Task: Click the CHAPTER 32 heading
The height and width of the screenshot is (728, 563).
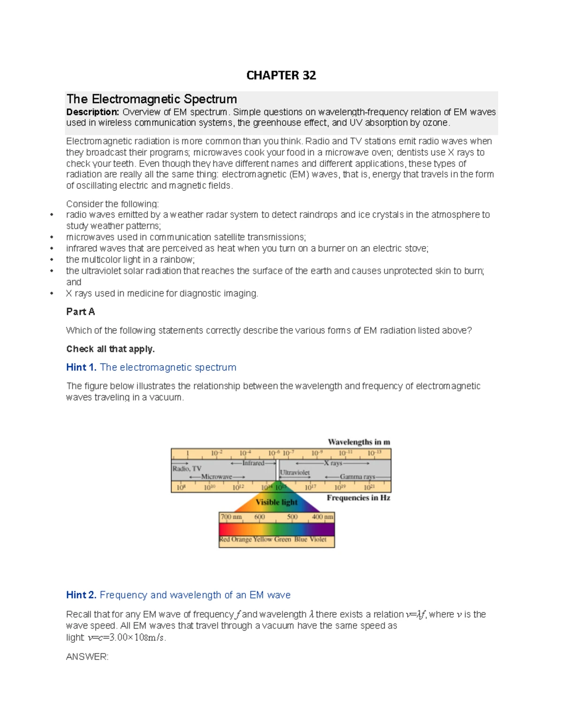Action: (281, 75)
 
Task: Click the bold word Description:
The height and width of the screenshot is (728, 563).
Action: (92, 112)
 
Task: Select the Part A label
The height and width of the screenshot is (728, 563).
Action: (80, 312)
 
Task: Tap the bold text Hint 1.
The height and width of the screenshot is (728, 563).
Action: (81, 368)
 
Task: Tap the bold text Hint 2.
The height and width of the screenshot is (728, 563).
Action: (81, 595)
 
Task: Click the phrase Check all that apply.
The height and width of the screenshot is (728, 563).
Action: (110, 349)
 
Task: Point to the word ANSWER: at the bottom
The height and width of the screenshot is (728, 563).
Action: (87, 657)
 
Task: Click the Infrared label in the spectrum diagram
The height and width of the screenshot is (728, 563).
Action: (253, 463)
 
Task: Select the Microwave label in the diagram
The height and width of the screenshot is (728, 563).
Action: (217, 477)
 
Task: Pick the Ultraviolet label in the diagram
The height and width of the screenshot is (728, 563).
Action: (295, 473)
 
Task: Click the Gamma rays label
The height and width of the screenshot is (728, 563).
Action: (358, 477)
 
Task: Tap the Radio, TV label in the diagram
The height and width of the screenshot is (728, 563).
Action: (187, 468)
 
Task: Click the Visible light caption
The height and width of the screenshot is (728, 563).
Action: (276, 502)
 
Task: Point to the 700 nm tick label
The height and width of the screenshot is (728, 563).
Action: (231, 517)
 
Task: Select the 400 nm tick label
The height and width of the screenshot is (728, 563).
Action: (322, 517)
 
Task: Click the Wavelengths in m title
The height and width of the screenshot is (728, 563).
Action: (359, 442)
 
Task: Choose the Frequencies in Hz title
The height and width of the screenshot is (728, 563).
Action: (358, 498)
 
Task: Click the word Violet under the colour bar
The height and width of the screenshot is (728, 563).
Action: (318, 540)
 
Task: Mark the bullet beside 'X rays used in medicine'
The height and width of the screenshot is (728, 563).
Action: (52, 294)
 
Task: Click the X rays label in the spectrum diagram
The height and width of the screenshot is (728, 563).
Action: (336, 463)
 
